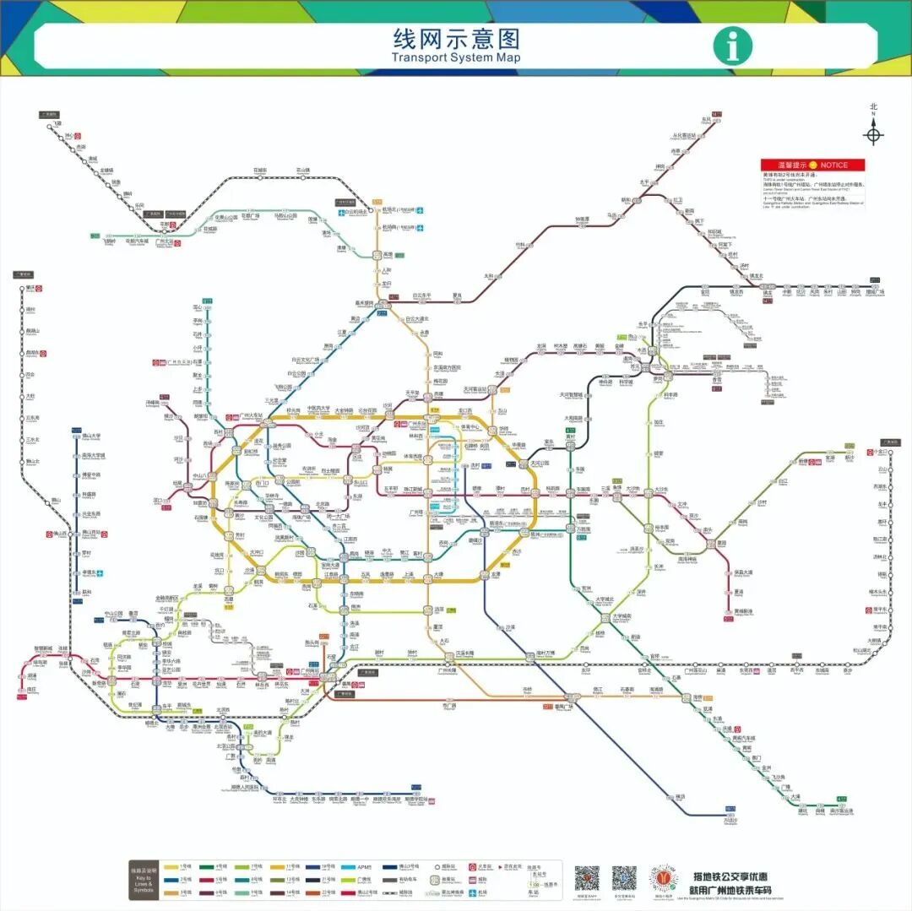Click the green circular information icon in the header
(732, 46)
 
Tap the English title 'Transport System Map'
(456, 57)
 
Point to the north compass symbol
(873, 133)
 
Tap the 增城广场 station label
(874, 292)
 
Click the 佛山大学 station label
(90, 437)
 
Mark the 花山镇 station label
(303, 170)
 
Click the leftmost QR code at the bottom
(587, 878)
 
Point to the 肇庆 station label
(30, 287)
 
